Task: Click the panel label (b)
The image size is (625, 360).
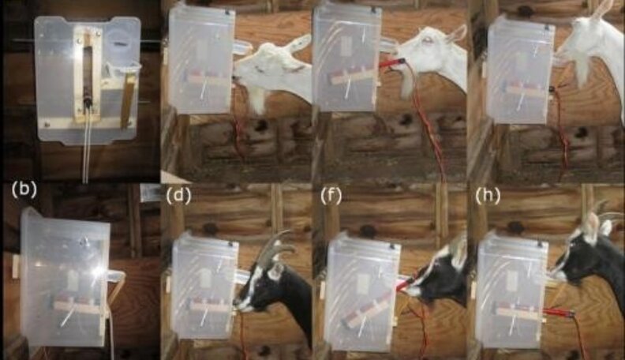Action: [x=24, y=189]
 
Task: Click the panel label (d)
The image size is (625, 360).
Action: [x=179, y=196]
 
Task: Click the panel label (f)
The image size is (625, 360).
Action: [x=331, y=196]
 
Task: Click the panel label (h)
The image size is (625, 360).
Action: [x=488, y=196]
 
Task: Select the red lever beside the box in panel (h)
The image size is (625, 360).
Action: [x=558, y=312]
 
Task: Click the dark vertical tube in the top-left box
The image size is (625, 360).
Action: [x=88, y=77]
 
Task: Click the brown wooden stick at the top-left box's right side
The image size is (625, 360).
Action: [x=127, y=99]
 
